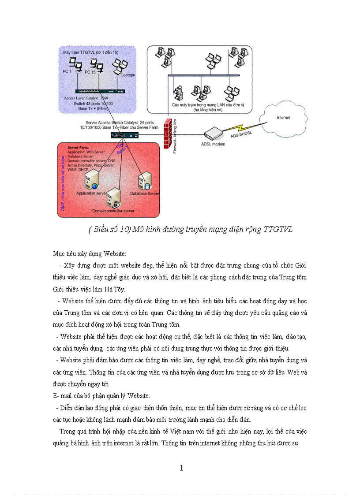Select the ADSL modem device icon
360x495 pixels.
(214, 133)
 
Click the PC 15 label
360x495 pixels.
(90, 71)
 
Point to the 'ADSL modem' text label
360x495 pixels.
(213, 144)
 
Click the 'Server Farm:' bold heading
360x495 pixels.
(78, 147)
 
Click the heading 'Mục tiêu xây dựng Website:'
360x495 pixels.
(90, 254)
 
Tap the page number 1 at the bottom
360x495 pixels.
(181, 468)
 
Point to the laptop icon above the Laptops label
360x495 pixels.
(118, 65)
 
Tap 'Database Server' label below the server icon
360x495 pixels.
(145, 193)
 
